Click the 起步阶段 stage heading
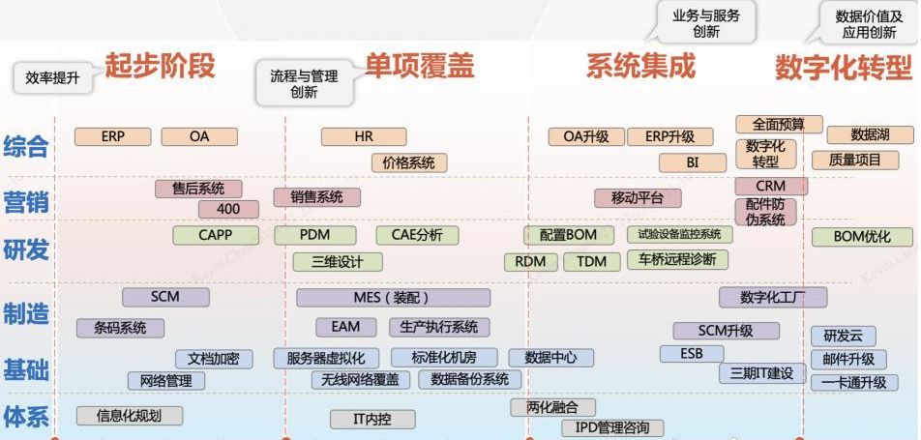click(x=160, y=66)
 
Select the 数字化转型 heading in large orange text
click(x=843, y=67)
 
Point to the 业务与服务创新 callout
click(x=705, y=22)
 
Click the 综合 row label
click(x=26, y=147)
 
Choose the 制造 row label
click(x=26, y=313)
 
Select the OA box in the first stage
click(x=198, y=136)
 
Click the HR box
click(x=363, y=136)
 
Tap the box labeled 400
click(x=228, y=209)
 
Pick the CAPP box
click(x=215, y=235)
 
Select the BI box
click(x=692, y=162)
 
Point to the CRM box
click(x=770, y=186)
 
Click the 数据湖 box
click(x=870, y=135)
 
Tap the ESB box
click(x=691, y=354)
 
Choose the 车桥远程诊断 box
click(x=677, y=259)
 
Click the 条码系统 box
click(x=120, y=328)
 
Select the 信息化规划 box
click(x=129, y=416)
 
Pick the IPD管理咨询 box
click(x=612, y=427)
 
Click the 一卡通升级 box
click(x=854, y=382)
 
